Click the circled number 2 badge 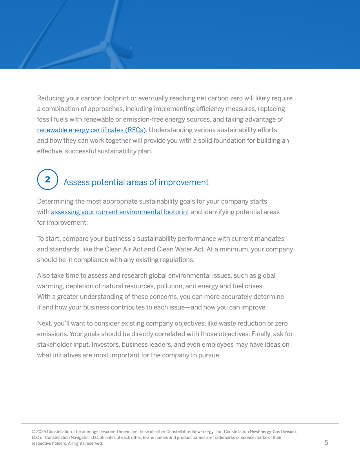coord(47,180)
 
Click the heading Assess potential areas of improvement coord(136,182)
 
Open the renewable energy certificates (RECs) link coord(91,130)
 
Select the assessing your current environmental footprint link coord(120,212)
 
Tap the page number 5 coord(326,443)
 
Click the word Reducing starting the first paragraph coord(50,98)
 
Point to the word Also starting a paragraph coord(44,276)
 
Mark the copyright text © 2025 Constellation coord(52,431)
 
